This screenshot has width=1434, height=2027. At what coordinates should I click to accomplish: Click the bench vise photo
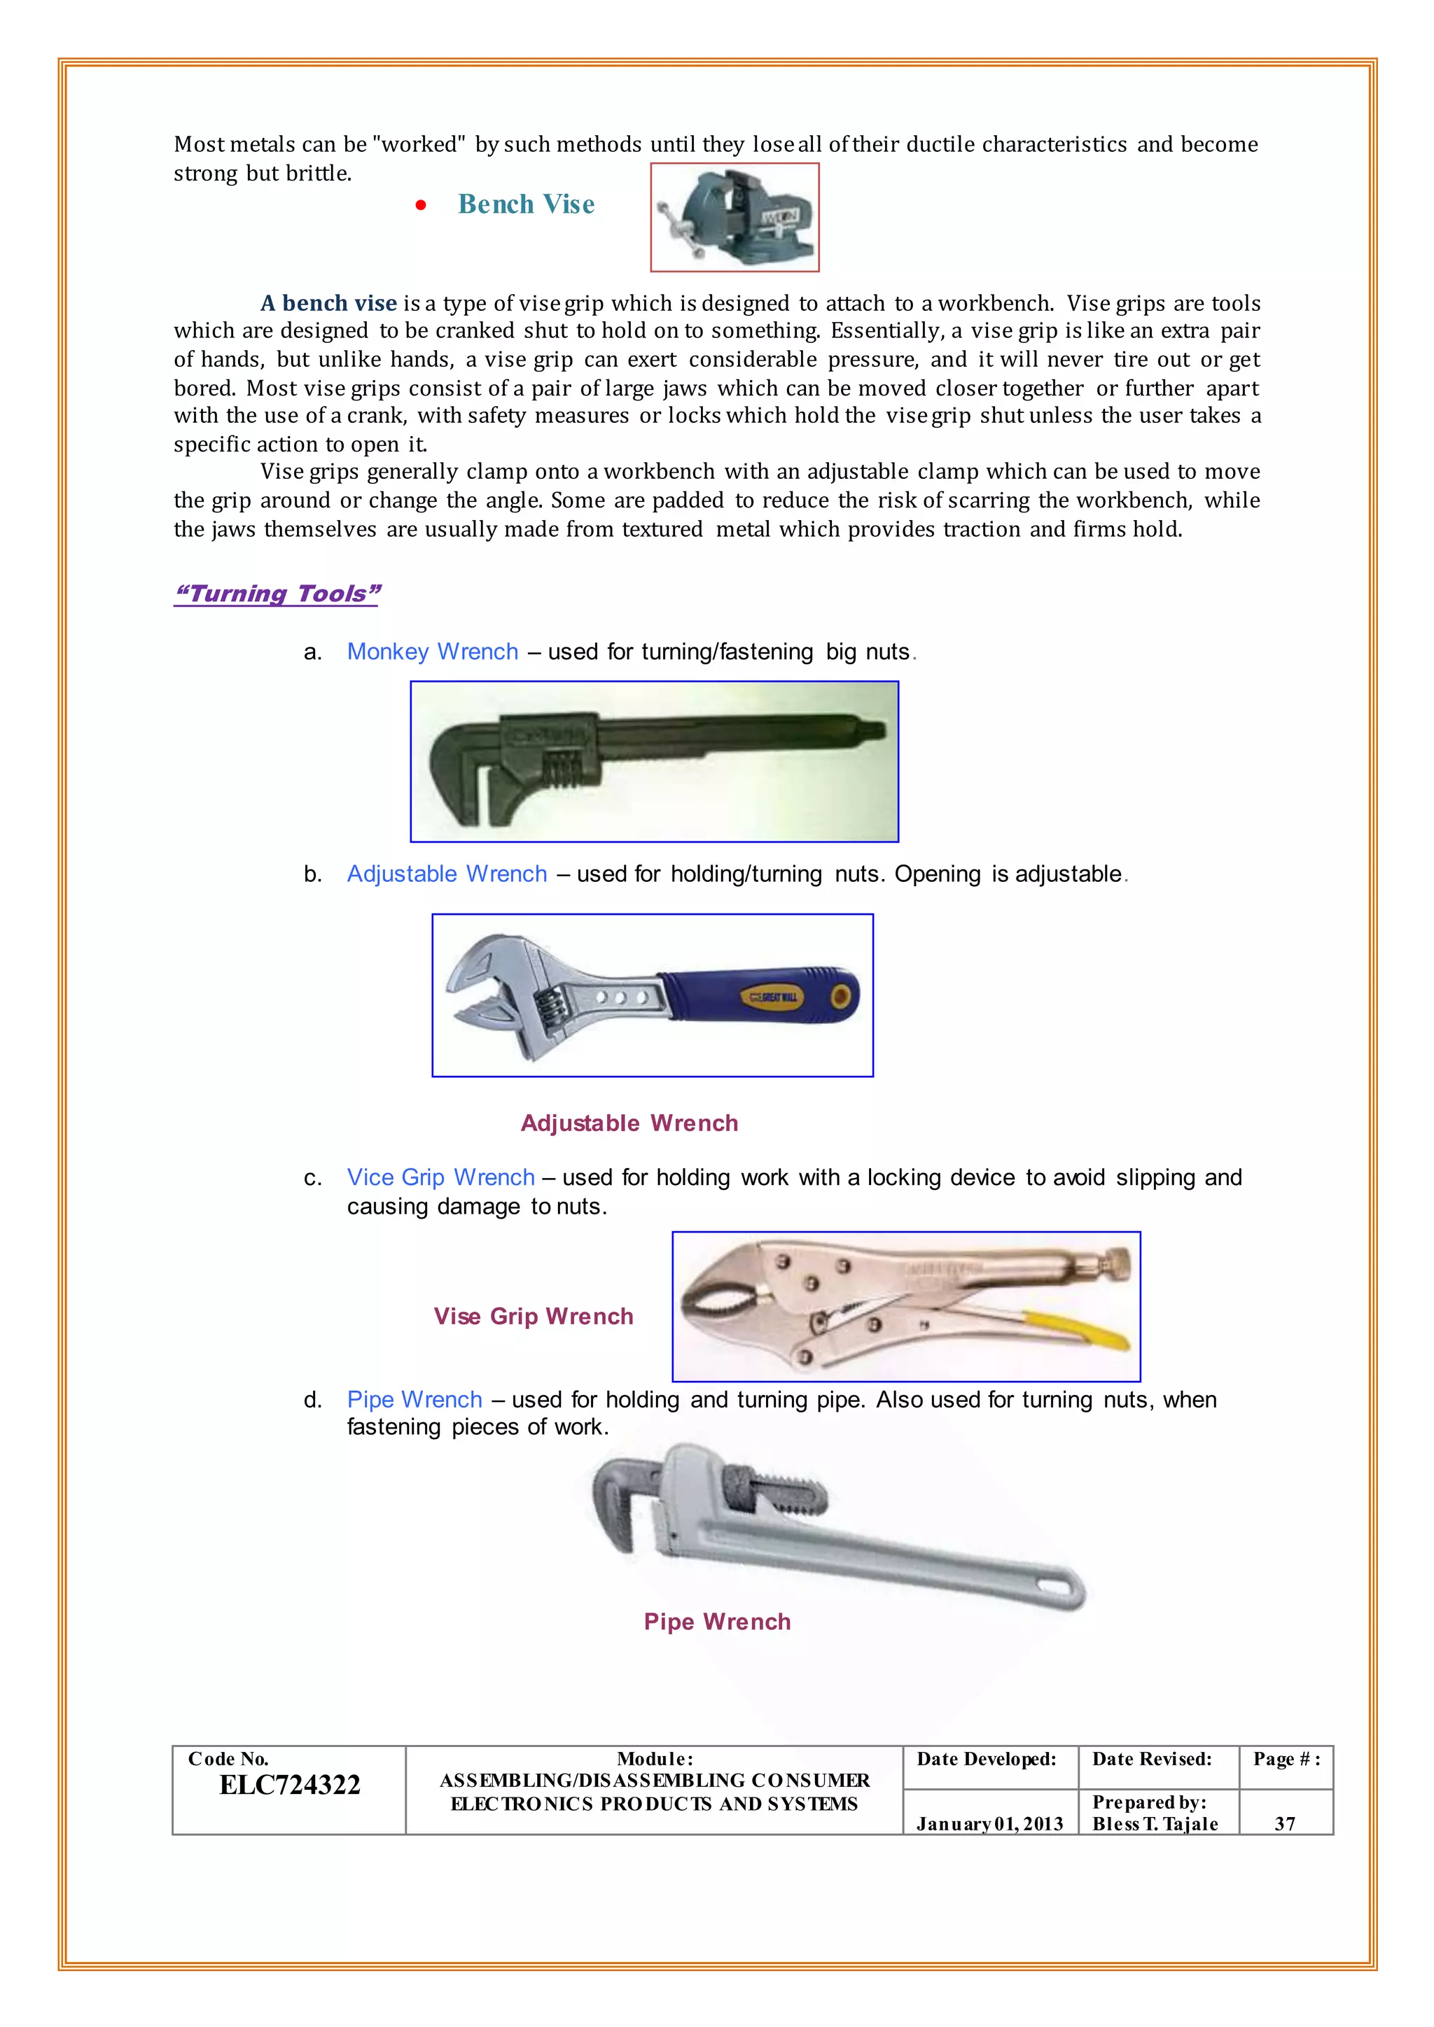click(x=735, y=217)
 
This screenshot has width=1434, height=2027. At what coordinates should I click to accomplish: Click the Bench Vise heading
click(x=527, y=205)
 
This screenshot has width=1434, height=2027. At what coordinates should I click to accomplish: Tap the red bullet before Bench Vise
click(x=422, y=206)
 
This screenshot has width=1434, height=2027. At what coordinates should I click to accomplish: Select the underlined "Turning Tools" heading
click(x=277, y=594)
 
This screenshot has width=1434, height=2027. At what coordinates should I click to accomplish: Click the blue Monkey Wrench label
click(x=433, y=652)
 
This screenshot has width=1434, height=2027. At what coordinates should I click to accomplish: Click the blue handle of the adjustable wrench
click(x=760, y=997)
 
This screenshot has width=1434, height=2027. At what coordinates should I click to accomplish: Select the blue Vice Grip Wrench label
click(x=440, y=1178)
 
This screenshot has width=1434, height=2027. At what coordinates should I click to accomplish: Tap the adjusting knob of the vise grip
click(x=1118, y=1263)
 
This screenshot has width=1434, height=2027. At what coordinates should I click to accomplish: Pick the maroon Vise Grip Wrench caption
click(x=534, y=1317)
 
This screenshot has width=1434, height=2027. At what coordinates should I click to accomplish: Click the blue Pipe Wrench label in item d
click(x=414, y=1400)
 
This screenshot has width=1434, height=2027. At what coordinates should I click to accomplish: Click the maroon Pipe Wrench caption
click(x=717, y=1622)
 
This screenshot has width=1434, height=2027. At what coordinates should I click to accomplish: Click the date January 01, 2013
click(x=989, y=1824)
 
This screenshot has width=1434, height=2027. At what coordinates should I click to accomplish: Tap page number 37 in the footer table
click(x=1285, y=1824)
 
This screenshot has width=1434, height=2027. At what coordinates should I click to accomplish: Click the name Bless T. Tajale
click(x=1155, y=1824)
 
